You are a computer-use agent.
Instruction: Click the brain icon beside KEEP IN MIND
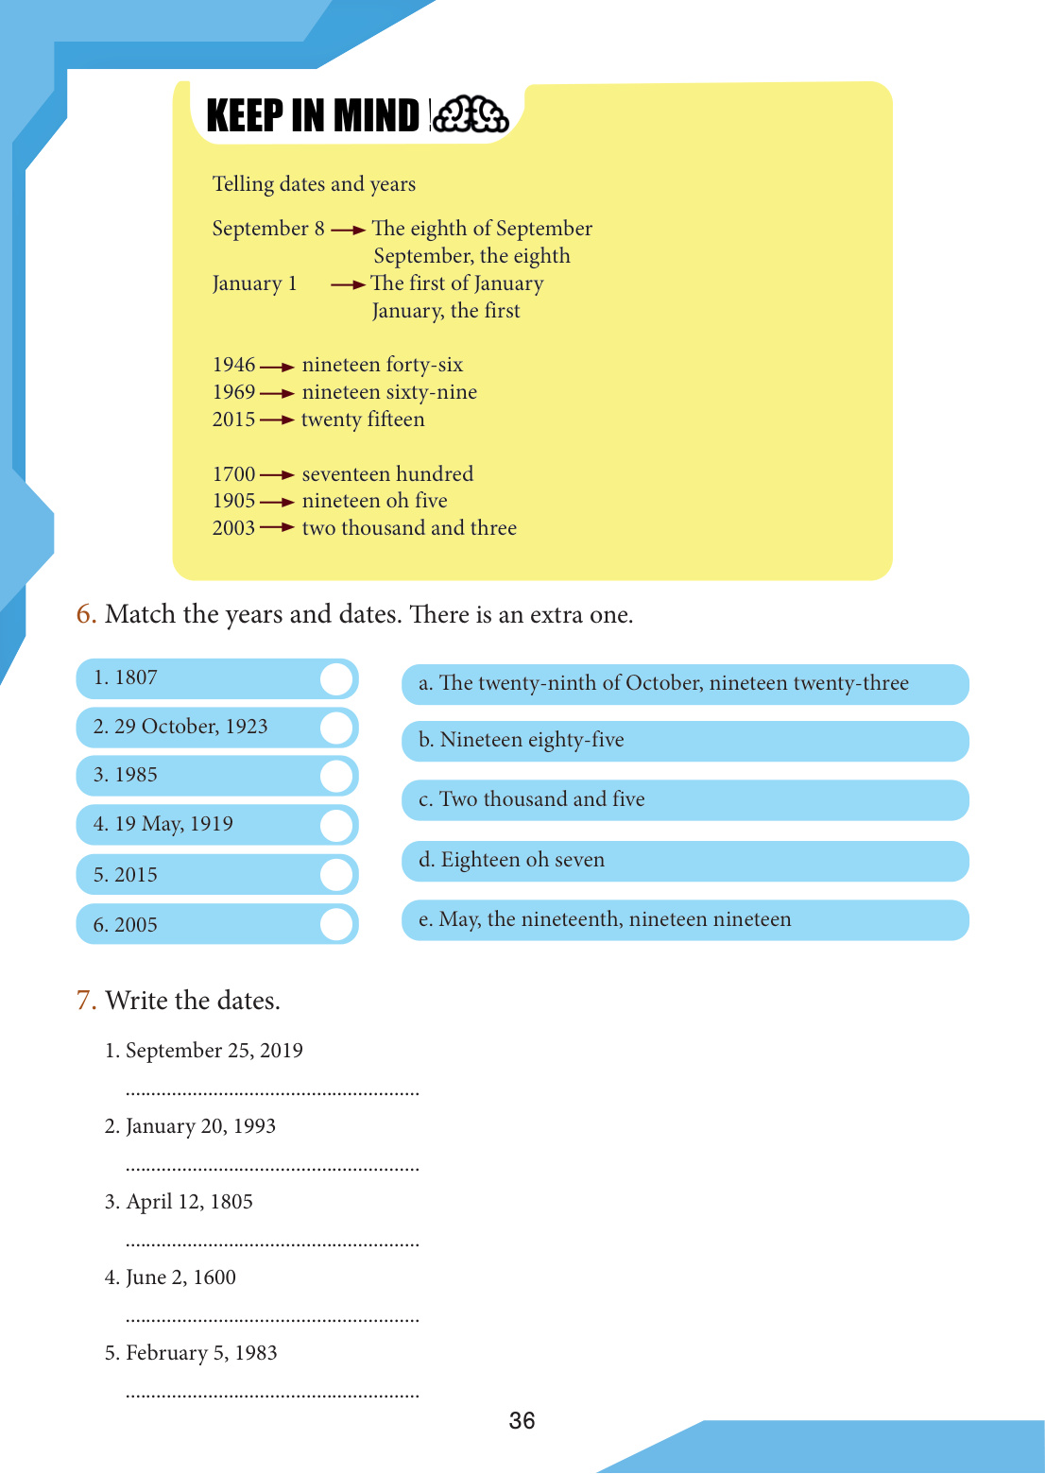(x=471, y=115)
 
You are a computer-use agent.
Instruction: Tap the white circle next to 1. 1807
(x=335, y=679)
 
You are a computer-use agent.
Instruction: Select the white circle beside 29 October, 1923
(x=335, y=728)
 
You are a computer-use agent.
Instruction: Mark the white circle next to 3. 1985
(x=335, y=776)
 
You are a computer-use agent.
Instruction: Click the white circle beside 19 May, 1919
(x=335, y=825)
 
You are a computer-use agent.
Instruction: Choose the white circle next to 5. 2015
(x=335, y=875)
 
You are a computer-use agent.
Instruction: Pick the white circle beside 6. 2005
(x=335, y=924)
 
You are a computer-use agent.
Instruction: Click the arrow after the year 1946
(x=278, y=367)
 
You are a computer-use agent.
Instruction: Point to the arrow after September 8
(x=349, y=230)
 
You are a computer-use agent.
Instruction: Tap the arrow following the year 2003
(x=278, y=527)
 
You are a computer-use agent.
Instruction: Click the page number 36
(x=522, y=1420)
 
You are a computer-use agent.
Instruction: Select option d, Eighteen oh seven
(x=685, y=861)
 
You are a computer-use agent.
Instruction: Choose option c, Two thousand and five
(x=685, y=800)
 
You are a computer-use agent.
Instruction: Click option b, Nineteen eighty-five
(x=685, y=741)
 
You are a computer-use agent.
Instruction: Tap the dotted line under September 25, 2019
(x=272, y=1093)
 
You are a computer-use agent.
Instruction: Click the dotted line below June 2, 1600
(x=272, y=1319)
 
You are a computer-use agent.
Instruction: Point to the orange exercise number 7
(x=86, y=1001)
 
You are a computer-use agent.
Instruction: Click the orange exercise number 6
(x=86, y=614)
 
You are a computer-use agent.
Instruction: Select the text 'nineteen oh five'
(x=374, y=501)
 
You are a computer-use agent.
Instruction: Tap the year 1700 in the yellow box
(x=233, y=474)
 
